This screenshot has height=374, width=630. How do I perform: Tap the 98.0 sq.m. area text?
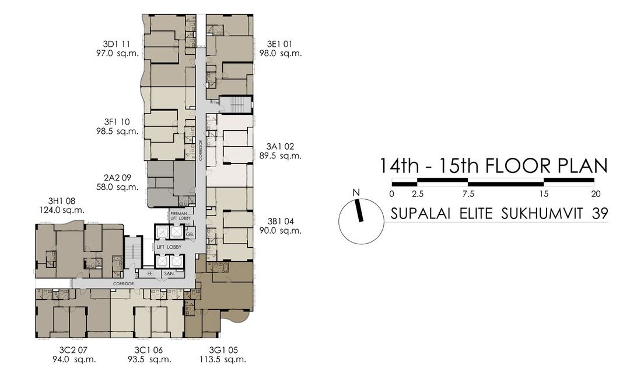click(281, 53)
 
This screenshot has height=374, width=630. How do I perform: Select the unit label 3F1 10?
click(117, 122)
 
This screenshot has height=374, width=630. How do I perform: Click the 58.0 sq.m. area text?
click(117, 187)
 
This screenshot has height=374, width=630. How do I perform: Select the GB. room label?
click(190, 234)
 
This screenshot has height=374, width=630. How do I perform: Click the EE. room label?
click(150, 273)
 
